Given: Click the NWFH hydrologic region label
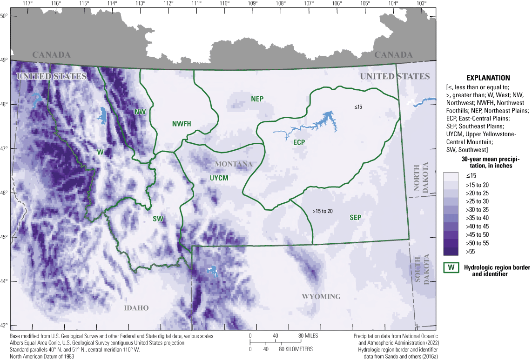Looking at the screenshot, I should coord(182,123).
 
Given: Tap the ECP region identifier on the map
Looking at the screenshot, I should coord(299,143).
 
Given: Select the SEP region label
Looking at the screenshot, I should coord(356,218).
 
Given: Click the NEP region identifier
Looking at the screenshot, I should coord(257,99).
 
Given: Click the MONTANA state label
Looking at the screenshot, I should coord(234,164).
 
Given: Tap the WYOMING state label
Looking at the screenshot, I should coord(321,297).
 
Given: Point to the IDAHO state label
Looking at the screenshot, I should coord(136,308).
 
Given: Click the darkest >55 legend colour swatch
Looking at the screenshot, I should coord(451,252).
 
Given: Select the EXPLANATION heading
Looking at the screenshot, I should coord(484,78).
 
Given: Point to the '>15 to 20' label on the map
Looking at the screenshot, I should coord(323,211).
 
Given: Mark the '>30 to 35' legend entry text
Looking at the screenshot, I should coord(474,210).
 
